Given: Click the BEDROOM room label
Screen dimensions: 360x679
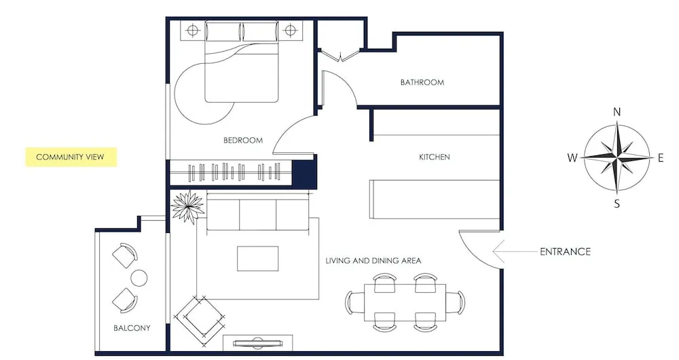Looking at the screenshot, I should pos(242,141).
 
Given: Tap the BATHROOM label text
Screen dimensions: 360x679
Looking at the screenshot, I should pos(422,82).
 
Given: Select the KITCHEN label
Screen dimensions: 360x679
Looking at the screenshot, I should pos(434,157).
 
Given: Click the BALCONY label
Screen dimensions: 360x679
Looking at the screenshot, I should pos(132,328).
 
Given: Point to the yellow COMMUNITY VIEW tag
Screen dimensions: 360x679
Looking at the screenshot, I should pos(70,157).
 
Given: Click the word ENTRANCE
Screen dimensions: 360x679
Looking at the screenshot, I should pos(565,251).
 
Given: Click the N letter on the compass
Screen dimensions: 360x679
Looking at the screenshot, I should pos(617,112).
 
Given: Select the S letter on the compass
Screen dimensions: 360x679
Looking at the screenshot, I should pos(617,203).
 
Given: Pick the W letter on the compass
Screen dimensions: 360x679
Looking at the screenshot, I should pos(572,158).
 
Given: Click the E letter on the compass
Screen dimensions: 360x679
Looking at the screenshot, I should pos(660,158).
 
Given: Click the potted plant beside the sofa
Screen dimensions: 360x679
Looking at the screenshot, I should pos(187,206).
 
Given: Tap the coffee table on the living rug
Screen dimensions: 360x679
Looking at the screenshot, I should pos(257,259).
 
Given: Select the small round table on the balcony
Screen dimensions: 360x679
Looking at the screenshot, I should pos(139,277).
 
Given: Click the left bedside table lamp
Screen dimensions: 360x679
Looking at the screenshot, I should pos(192,30).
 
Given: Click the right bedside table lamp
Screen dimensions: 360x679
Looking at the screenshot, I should pos(291,30).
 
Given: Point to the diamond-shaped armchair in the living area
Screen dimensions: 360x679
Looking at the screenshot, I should pos(200,318).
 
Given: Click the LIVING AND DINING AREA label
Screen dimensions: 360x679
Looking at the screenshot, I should pos(373,260).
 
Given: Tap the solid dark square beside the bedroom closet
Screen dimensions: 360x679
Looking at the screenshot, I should pos(304,173).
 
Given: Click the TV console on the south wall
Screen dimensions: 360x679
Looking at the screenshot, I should pos(258,342).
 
